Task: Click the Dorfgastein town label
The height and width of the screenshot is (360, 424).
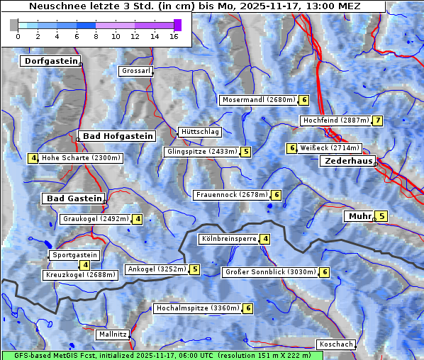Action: (x=50, y=62)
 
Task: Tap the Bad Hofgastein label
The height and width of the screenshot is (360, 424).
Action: (x=117, y=136)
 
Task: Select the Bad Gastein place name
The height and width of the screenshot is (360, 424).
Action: (x=74, y=198)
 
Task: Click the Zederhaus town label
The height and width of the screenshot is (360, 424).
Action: (x=347, y=162)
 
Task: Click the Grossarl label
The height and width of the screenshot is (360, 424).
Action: (x=135, y=71)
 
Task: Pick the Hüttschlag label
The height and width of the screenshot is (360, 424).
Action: (x=200, y=132)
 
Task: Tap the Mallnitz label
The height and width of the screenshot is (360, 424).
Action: (x=113, y=334)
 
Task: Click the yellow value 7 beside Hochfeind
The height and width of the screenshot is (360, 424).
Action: (x=378, y=120)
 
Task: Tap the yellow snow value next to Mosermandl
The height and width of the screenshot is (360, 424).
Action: (x=304, y=100)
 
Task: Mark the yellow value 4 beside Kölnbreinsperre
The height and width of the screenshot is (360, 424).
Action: (x=264, y=239)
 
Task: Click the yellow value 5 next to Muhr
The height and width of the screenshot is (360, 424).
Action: (x=381, y=216)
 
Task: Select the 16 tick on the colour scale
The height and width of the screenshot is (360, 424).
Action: (x=174, y=36)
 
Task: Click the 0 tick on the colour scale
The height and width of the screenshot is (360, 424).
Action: (x=18, y=36)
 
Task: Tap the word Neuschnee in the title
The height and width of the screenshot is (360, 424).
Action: (x=54, y=6)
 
